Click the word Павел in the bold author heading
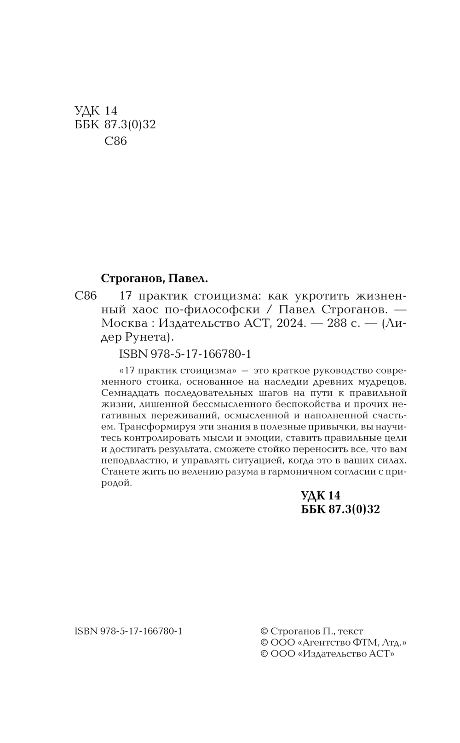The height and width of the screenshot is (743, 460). pyautogui.click(x=188, y=278)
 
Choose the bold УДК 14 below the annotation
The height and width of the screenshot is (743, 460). pyautogui.click(x=320, y=495)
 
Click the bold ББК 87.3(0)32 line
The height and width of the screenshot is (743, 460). pyautogui.click(x=340, y=509)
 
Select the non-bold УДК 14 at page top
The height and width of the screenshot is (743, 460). pyautogui.click(x=96, y=111)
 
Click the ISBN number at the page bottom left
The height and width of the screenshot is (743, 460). pyautogui.click(x=128, y=631)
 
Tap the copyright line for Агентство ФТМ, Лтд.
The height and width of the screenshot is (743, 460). pyautogui.click(x=333, y=642)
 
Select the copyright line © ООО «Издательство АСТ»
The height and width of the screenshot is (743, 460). pyautogui.click(x=328, y=654)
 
